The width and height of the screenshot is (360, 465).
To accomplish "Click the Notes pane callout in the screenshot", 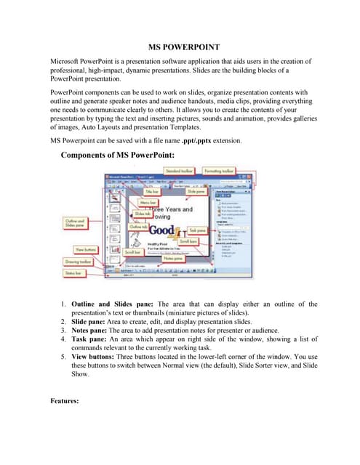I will coord(172,258).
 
